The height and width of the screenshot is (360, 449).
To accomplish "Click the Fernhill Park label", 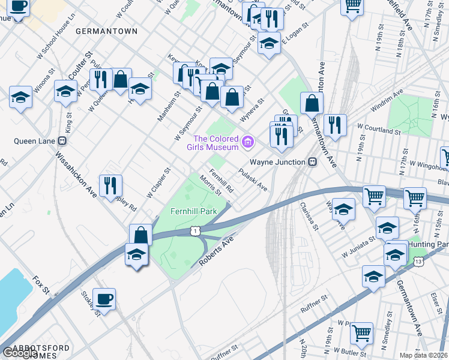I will coord(193,212).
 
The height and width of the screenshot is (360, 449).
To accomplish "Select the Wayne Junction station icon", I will coord(312,162).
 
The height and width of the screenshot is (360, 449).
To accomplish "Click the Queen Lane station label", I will coord(34,142).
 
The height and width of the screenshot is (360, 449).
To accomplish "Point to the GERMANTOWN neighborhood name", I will coord(107,31).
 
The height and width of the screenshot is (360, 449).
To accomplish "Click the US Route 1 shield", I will coord(194,231).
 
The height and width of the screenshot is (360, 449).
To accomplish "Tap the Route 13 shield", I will coord(418,262).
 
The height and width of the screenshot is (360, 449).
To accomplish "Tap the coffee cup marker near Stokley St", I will coord(104,299).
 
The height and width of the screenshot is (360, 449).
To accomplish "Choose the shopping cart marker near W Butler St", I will coord(361,333).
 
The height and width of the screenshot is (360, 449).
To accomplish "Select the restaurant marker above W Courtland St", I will coord(334,125).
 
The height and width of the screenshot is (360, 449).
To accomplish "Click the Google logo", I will coord(20,353).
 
